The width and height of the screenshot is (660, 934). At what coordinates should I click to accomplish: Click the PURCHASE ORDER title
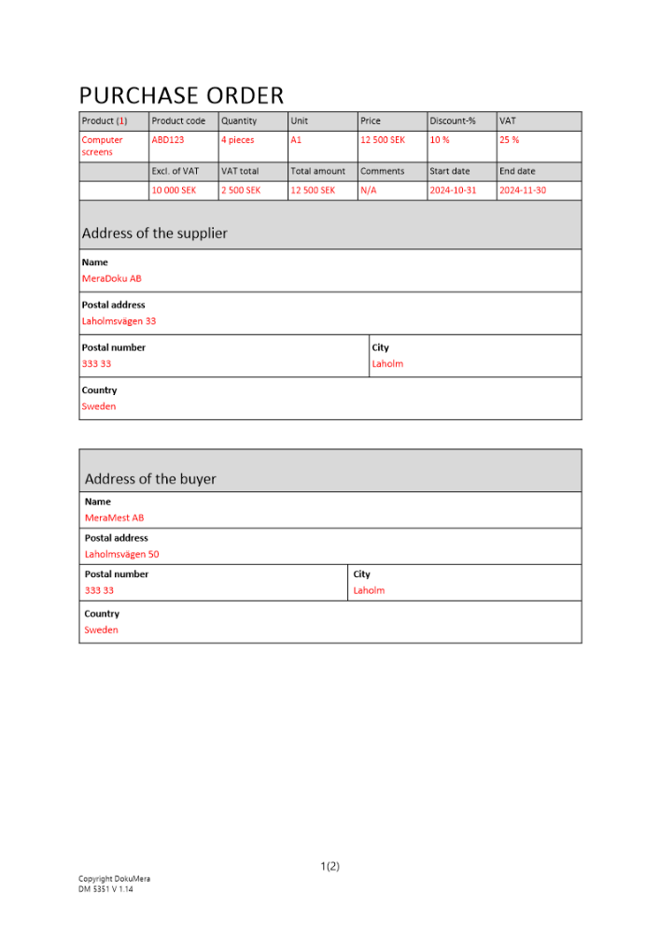181,95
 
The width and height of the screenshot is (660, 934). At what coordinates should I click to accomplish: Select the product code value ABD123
168,140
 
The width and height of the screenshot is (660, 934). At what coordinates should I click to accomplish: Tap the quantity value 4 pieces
237,140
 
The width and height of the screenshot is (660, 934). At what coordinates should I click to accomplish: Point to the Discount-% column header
453,121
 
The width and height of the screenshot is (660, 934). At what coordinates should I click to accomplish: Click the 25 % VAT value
510,140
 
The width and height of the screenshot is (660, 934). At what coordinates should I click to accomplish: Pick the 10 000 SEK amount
174,191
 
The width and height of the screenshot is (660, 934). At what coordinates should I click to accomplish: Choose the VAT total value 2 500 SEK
241,191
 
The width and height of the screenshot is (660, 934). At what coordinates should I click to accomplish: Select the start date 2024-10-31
453,191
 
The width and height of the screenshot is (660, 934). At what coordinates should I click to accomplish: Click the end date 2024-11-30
523,191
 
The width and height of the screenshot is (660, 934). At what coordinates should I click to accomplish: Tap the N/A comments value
369,191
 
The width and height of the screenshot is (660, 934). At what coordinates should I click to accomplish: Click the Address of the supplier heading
154,233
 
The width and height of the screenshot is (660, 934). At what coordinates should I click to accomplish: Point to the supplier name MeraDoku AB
112,278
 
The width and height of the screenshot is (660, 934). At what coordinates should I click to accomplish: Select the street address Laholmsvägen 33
119,321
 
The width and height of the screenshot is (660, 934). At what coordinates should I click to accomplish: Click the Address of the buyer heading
150,479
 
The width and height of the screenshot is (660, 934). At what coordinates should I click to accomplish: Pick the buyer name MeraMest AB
114,517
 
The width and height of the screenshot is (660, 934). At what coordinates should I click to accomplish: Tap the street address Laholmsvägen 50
121,554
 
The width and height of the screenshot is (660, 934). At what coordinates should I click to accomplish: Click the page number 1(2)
330,866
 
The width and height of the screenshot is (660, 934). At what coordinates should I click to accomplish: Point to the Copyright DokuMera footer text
114,879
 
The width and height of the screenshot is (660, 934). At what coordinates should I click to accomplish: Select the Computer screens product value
102,146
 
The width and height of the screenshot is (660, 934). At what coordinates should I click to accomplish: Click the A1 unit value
296,140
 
